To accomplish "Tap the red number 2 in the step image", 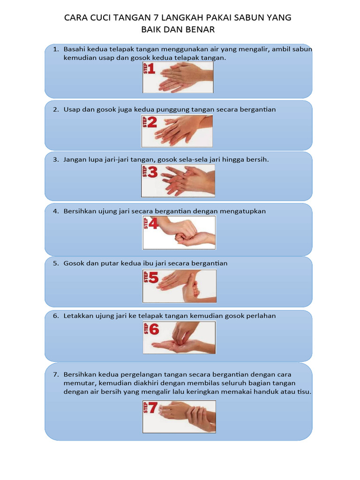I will (x=152, y=123).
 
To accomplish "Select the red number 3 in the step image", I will (x=153, y=172).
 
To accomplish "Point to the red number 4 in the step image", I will (x=153, y=224).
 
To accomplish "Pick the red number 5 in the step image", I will (x=153, y=278).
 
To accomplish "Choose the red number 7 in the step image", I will (x=153, y=409).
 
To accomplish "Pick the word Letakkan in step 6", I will (x=78, y=316).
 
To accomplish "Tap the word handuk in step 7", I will (x=265, y=392).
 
